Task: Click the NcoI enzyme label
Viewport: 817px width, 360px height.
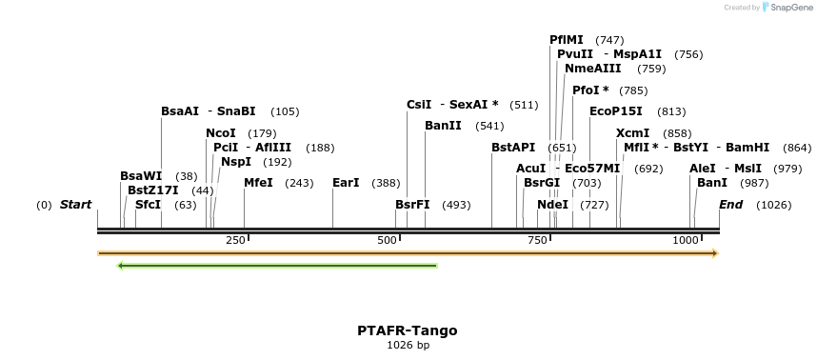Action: (x=221, y=133)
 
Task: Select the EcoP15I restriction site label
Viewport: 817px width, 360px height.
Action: (x=616, y=111)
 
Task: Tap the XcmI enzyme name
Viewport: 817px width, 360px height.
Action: (x=633, y=133)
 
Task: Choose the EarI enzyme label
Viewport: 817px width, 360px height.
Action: (x=346, y=183)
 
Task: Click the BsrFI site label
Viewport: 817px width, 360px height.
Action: (x=412, y=205)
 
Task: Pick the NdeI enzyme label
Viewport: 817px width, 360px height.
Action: (x=552, y=205)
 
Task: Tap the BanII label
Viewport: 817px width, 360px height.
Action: (x=443, y=126)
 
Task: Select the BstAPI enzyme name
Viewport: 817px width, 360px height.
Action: (x=513, y=148)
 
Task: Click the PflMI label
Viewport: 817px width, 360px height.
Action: (x=567, y=40)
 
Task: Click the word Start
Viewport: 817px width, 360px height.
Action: (x=76, y=205)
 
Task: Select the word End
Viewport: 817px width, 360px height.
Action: (x=731, y=205)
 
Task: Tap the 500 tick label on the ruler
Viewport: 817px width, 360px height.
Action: (x=387, y=241)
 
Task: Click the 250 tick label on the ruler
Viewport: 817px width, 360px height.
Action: (x=235, y=241)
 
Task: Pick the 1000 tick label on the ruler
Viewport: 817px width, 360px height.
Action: (x=686, y=241)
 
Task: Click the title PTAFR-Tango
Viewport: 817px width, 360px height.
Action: (x=408, y=330)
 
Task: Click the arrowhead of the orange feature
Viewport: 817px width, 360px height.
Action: (x=713, y=253)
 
